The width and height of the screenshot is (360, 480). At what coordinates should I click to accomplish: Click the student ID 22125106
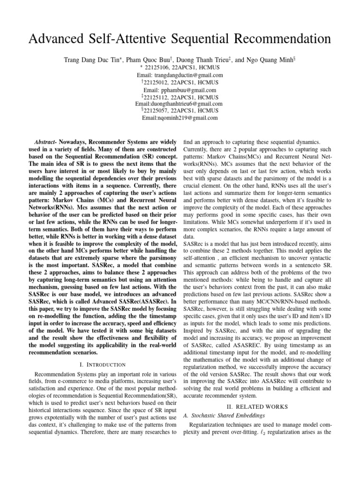(x=158, y=67)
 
